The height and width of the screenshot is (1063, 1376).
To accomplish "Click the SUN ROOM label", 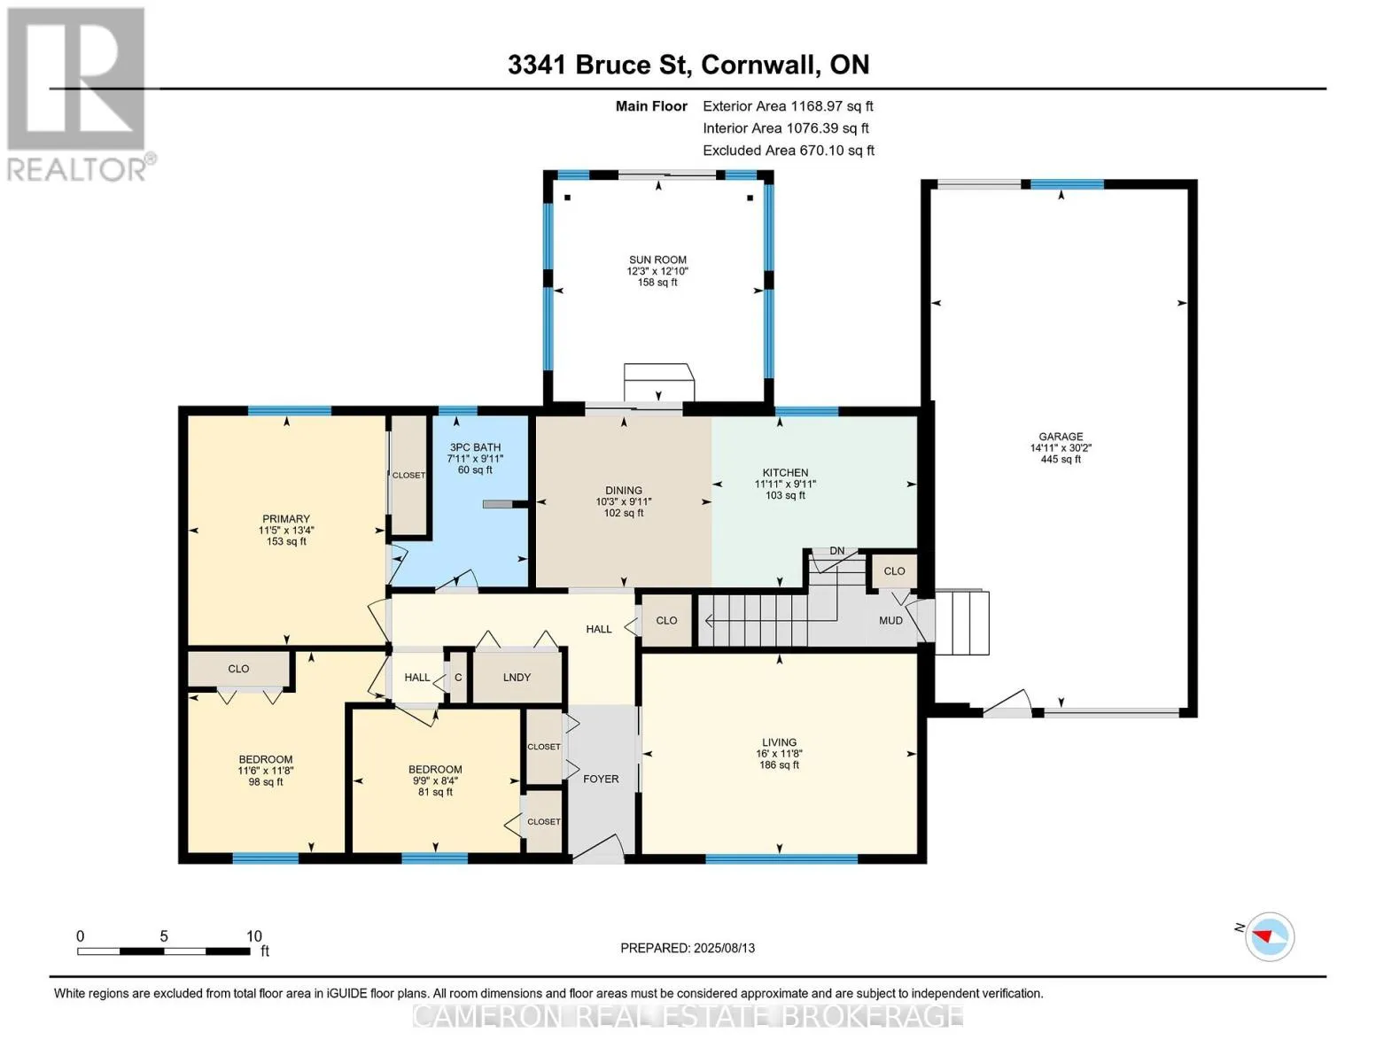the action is (x=657, y=260).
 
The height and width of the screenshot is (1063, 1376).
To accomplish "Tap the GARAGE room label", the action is (x=1061, y=436).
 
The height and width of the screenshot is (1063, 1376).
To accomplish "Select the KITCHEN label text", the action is (x=785, y=472).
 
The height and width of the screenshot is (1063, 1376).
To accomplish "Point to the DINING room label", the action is (x=624, y=490).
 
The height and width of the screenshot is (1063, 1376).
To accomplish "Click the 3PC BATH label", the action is (x=475, y=447).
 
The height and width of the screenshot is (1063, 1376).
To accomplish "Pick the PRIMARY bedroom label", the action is (x=286, y=518).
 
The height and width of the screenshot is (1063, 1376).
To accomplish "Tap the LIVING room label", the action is (x=780, y=742).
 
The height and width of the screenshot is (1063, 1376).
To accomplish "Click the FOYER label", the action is (x=601, y=779).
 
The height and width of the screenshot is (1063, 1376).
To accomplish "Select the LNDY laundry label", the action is (x=517, y=677).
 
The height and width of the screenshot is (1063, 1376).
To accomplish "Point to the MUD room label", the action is (x=890, y=620).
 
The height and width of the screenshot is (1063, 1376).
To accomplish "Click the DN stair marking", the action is (x=837, y=550).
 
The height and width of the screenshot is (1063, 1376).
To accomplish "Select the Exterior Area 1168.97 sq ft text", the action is (x=788, y=106).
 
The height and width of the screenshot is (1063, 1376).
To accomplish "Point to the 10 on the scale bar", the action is (x=254, y=935).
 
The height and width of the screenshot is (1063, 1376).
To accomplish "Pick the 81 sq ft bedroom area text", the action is (x=435, y=791).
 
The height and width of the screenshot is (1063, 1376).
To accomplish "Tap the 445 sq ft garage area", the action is (x=1061, y=459).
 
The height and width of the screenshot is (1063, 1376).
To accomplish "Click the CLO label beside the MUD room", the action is (x=894, y=571).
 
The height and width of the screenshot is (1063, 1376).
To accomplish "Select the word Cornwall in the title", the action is (x=758, y=65).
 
